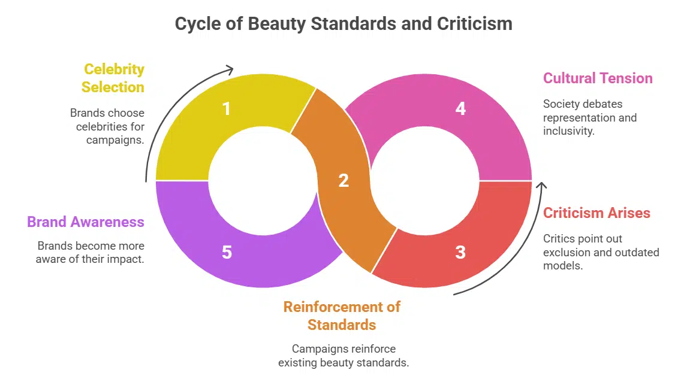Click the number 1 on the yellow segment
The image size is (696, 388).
pos(226,109)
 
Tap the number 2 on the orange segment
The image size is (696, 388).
pos(344,180)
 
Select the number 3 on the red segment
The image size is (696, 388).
pos(460,252)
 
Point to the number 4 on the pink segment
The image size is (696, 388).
pos(460,109)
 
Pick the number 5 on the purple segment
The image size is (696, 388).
pos(227,252)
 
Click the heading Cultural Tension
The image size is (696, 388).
pos(598,78)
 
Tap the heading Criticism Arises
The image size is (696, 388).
pos(596,213)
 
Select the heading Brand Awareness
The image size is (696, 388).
pos(86,222)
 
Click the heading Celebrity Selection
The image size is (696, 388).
pos(113,78)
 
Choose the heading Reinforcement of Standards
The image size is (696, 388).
pos(342,316)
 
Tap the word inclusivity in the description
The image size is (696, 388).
pos(569,131)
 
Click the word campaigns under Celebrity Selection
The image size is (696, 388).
pos(115,140)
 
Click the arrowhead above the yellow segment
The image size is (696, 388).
pos(230,69)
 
